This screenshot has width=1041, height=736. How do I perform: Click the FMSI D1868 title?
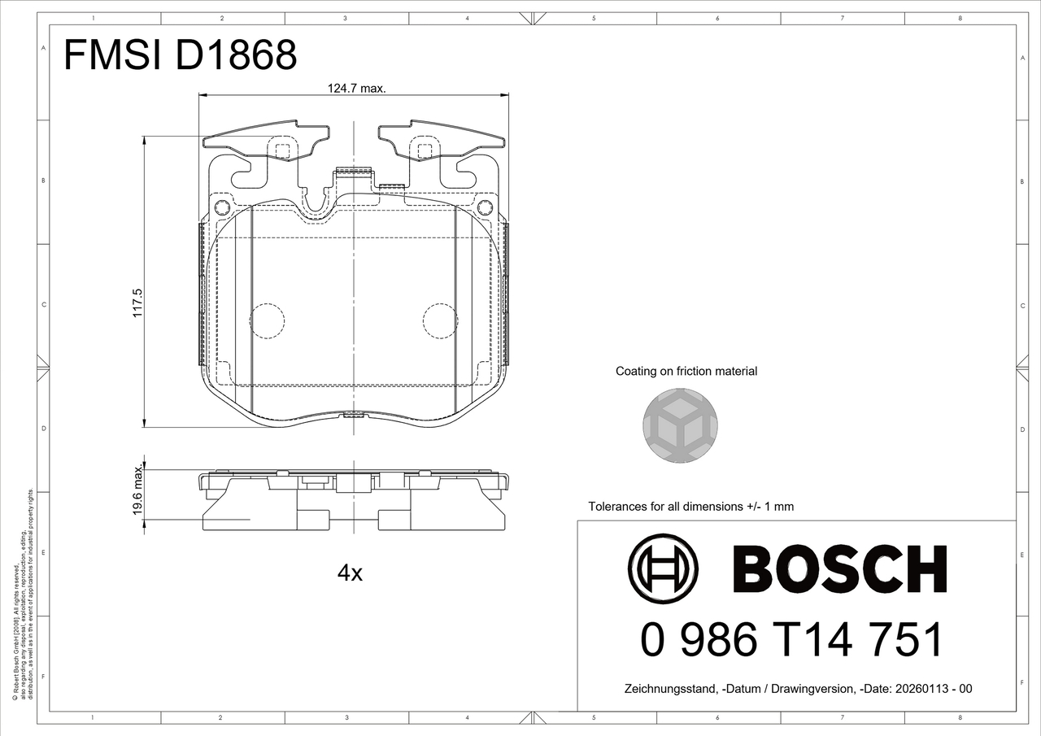click(x=180, y=54)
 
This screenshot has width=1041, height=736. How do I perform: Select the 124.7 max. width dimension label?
click(x=356, y=89)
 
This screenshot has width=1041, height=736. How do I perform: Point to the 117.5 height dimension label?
click(x=137, y=303)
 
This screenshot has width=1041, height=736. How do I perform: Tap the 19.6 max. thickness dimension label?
click(x=137, y=490)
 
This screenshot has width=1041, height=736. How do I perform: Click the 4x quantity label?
click(x=350, y=573)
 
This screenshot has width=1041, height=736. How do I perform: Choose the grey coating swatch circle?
click(x=680, y=425)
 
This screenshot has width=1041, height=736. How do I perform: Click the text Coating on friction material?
click(x=686, y=371)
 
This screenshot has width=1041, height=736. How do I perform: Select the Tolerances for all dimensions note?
click(x=691, y=507)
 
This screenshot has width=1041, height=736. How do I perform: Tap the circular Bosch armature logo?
click(x=663, y=568)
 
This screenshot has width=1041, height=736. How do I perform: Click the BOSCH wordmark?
click(x=840, y=569)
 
